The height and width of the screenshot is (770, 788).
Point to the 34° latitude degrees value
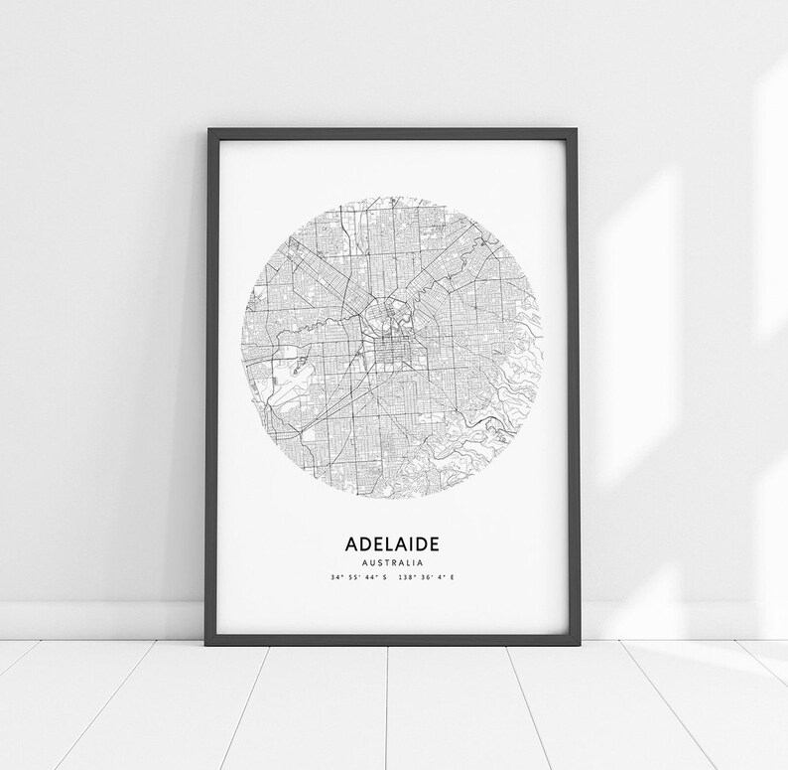[340, 577]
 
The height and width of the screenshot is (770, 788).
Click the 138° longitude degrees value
[402, 577]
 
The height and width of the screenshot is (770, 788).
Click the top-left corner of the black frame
[205, 130]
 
